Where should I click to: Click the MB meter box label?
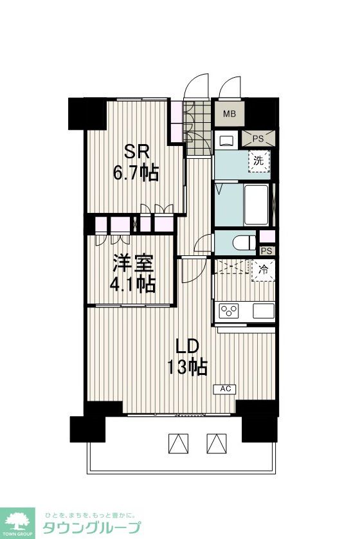click(x=230, y=114)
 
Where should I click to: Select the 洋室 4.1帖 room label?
click(x=132, y=273)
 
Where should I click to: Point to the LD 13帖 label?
click(x=187, y=356)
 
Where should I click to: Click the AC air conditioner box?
click(x=224, y=389)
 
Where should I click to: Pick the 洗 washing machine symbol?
click(x=258, y=161)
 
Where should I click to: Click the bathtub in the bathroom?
click(x=256, y=205)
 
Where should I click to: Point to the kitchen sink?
click(x=264, y=311)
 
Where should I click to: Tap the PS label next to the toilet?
click(x=266, y=251)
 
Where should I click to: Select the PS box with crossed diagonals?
click(x=258, y=139)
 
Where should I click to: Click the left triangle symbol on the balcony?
click(x=179, y=443)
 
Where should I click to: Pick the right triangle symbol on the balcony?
click(x=217, y=443)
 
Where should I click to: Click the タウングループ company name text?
click(x=92, y=527)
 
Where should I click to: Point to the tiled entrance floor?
click(x=197, y=128)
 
